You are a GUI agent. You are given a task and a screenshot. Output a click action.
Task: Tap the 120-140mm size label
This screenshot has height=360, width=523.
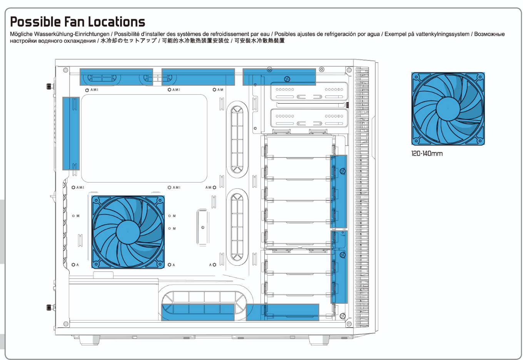pos(427,154)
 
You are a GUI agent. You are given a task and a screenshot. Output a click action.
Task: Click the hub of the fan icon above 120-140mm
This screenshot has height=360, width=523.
pos(448,109)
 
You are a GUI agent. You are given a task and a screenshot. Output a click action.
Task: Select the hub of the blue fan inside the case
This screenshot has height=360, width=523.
pos(128,232)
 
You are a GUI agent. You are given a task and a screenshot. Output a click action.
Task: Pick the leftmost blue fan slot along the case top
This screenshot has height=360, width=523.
pos(116,77)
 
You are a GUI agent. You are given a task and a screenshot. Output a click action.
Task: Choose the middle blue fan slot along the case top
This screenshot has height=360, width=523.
pos(198,77)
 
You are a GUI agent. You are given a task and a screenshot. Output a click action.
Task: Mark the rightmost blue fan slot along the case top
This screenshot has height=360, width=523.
pos(279,77)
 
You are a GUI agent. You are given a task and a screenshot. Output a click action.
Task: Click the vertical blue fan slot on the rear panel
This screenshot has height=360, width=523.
pos(71,134)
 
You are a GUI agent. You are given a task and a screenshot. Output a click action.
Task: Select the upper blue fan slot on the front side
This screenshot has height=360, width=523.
pos(339,191)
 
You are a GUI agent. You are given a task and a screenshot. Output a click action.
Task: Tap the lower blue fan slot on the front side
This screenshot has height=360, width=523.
pos(339,267)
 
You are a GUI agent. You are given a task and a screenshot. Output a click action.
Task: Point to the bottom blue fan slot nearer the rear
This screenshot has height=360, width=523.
pos(198,312)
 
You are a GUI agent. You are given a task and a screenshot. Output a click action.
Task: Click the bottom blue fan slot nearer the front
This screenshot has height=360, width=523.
pos(282,312)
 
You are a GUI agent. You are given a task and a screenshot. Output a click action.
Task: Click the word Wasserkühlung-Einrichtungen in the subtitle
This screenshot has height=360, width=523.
pos(72,34)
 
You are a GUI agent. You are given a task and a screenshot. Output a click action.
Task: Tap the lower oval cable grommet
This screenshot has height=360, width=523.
pos(237,227)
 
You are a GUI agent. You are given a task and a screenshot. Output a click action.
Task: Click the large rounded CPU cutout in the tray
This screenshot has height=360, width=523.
pos(144,139)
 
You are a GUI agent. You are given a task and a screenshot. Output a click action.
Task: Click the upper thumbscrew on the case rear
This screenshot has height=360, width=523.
pos(50,86)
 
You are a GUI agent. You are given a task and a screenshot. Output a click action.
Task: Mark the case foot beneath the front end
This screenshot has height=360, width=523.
pos(319,340)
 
